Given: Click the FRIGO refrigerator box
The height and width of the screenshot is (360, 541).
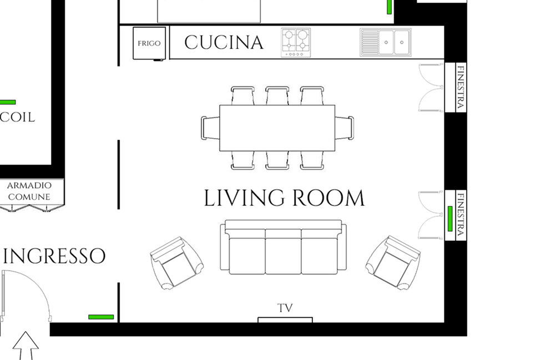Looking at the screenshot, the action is pos(149,43).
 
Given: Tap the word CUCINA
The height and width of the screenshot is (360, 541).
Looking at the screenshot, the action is pos(224,43).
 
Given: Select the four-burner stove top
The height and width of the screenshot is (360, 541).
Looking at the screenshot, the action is pos(296,43).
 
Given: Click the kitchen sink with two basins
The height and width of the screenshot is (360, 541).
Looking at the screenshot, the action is pos(386,42).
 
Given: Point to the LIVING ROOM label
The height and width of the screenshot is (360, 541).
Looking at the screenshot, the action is pos(284,198).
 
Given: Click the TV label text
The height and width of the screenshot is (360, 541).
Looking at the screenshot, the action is pos(285,308).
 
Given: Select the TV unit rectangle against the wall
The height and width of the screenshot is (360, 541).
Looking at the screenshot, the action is pos(285,320).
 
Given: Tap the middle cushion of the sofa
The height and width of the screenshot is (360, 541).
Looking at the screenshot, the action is pos(284,252).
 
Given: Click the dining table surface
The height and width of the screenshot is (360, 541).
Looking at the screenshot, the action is pos(277,128).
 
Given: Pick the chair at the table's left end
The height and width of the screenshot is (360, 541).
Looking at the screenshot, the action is pos(210,128).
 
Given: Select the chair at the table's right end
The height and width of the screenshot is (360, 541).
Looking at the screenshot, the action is pos(345,128).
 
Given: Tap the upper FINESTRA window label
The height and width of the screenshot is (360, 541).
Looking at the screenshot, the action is pos(461,88).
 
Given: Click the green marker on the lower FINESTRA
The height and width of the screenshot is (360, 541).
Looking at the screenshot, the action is pos(450,219).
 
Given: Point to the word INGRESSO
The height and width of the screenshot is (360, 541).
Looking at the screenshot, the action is pos(54,256).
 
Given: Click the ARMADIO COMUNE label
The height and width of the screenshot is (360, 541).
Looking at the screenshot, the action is pos(29,191).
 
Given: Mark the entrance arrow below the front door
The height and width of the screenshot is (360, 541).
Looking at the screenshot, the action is pos(26,346).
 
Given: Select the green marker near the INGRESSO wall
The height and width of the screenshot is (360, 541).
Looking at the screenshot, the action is pos(101,317).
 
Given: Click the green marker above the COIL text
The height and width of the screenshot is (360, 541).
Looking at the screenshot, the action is pos(8,102).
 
